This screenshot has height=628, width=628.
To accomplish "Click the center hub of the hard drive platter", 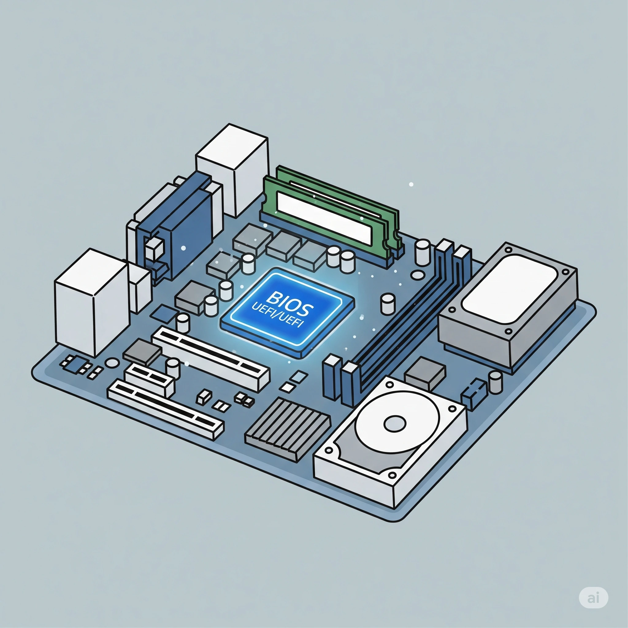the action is point(395,423).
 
